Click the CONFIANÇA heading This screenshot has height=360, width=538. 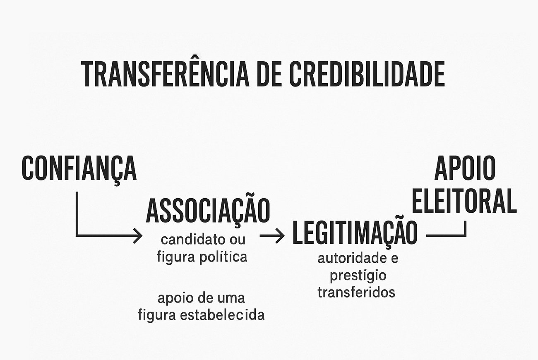(x=79, y=168)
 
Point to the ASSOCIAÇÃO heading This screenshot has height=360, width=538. (x=208, y=211)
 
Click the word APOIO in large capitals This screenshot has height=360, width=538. (x=464, y=168)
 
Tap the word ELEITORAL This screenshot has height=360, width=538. (x=464, y=201)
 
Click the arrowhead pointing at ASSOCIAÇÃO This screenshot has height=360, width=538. (x=138, y=236)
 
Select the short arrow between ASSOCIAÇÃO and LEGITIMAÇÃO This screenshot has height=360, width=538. (x=272, y=236)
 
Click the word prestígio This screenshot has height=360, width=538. (x=358, y=275)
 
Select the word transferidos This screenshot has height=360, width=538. (x=356, y=292)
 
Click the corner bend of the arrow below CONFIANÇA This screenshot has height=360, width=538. (x=77, y=236)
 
